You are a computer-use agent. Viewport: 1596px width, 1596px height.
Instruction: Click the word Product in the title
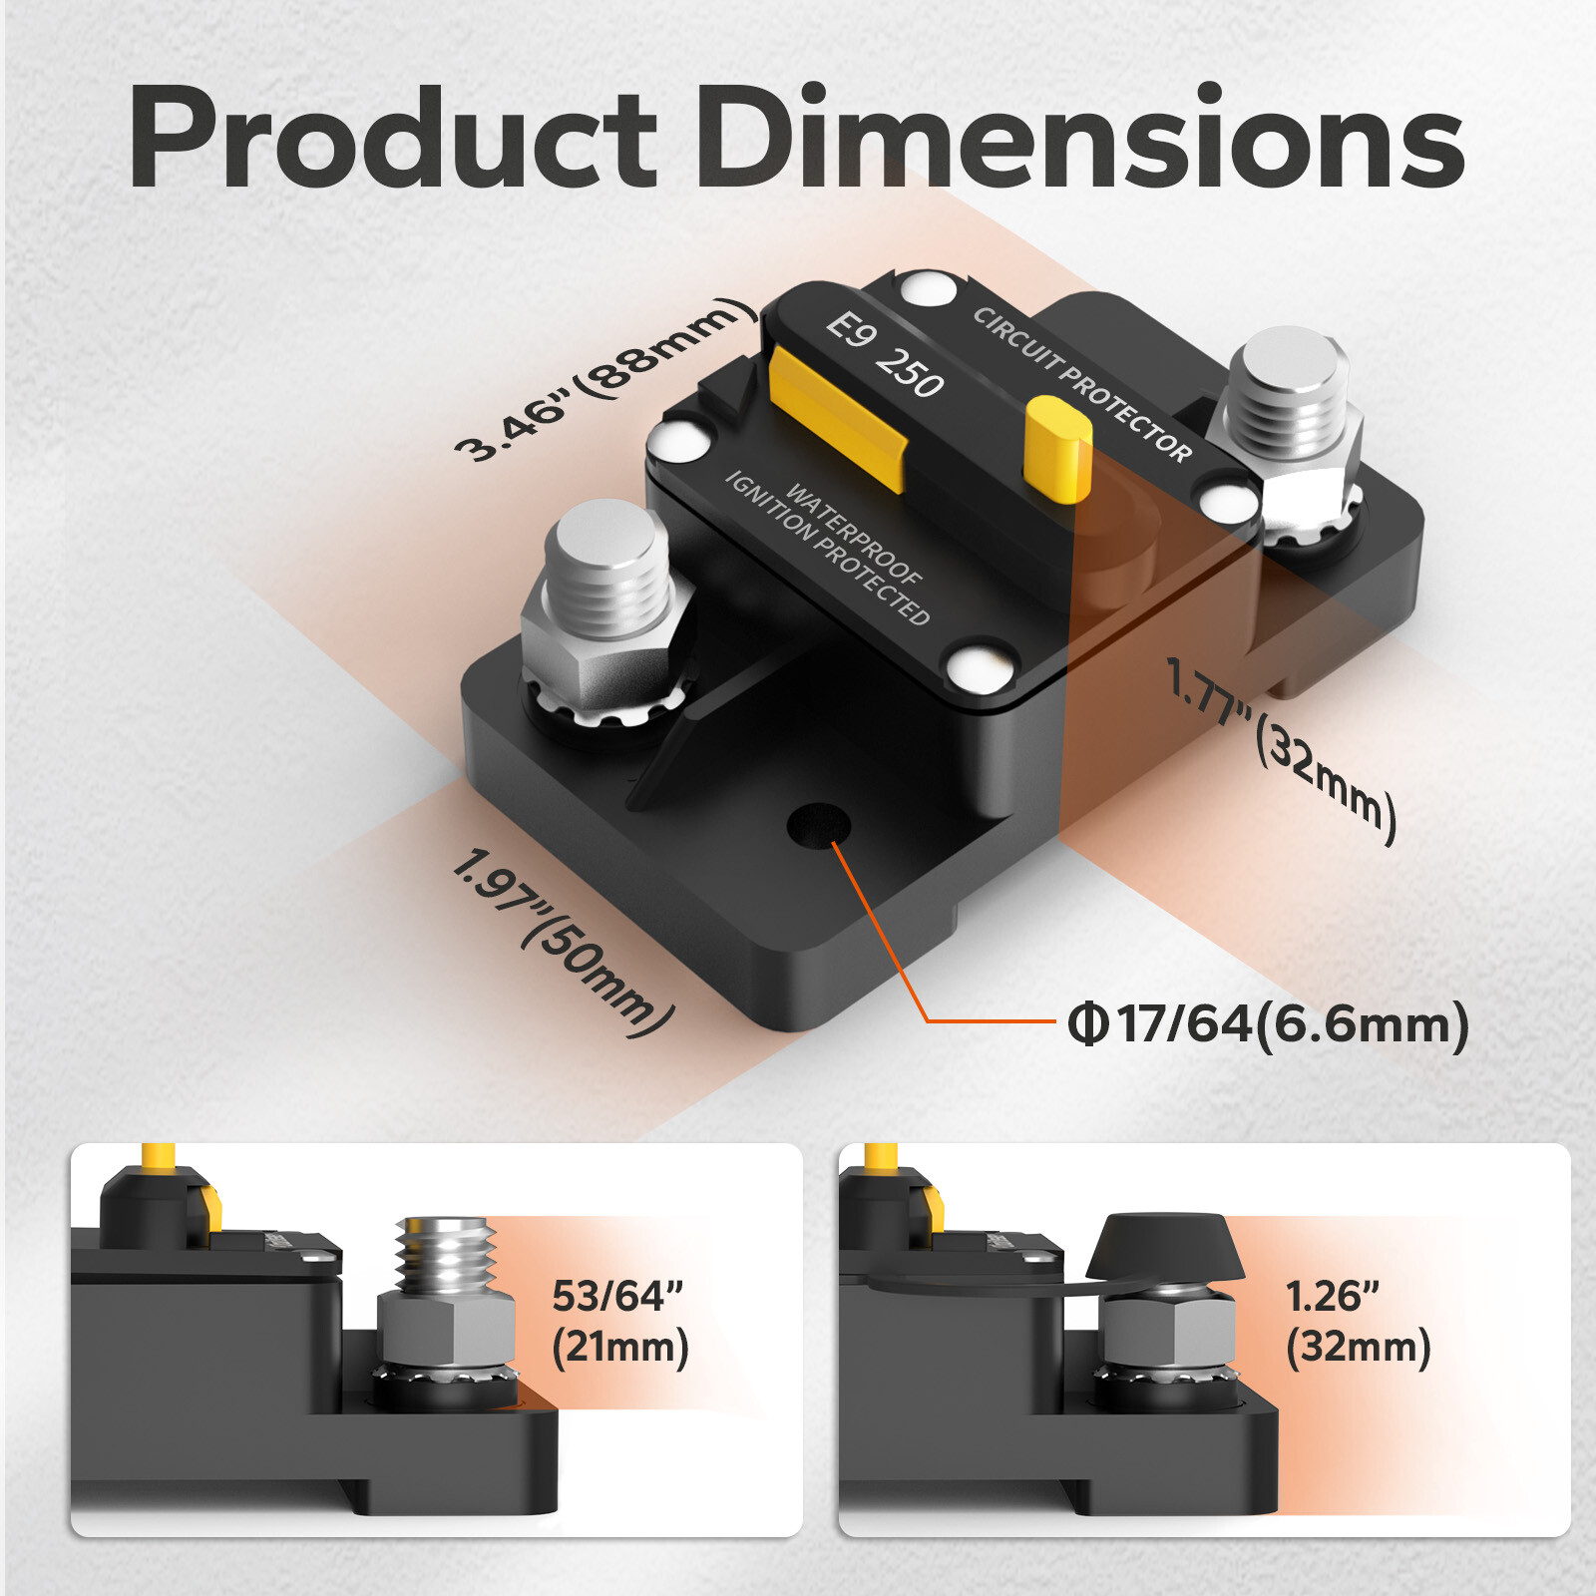click(391, 140)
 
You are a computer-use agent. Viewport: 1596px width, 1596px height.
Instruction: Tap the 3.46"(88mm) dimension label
click(604, 379)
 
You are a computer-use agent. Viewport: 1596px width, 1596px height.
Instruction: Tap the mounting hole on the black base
click(818, 826)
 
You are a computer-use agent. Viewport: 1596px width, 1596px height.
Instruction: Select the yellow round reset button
click(1059, 447)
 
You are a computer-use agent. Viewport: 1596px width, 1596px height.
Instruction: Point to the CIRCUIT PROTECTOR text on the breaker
click(1082, 384)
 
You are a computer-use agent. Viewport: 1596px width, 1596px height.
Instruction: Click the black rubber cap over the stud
click(1163, 1247)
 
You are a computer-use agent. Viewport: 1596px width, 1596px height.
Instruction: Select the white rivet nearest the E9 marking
click(929, 290)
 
